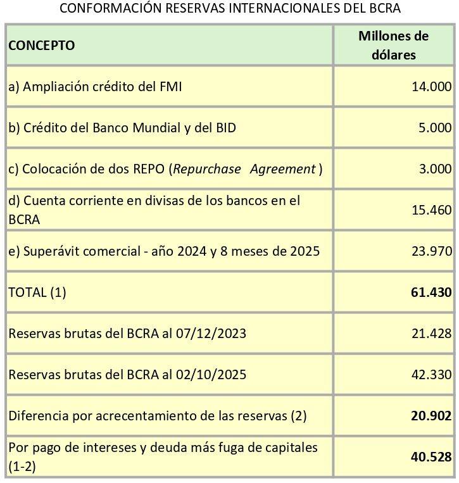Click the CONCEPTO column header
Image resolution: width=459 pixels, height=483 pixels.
click(41, 46)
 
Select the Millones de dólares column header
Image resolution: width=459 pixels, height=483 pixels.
click(393, 45)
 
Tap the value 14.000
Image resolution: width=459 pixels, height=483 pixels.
click(432, 87)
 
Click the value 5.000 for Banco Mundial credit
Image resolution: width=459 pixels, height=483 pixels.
click(435, 128)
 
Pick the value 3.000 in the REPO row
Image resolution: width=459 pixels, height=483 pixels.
click(435, 169)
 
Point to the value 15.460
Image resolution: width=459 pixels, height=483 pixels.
click(432, 210)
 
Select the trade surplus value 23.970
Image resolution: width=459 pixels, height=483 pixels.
click(432, 251)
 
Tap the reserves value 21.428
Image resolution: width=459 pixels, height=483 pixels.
click(432, 334)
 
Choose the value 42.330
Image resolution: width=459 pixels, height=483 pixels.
click(432, 375)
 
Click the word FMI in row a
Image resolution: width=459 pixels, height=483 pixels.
click(168, 87)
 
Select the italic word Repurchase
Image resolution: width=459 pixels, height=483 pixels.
click(207, 169)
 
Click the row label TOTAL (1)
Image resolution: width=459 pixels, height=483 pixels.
click(37, 292)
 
